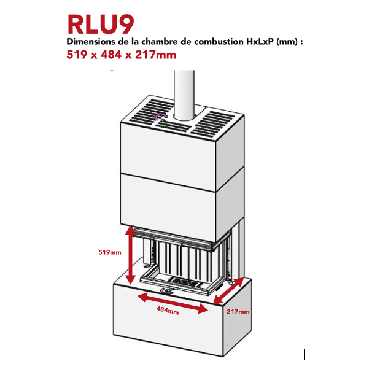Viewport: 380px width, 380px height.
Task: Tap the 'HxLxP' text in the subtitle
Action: click(260, 42)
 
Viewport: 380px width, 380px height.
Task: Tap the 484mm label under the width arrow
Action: click(167, 312)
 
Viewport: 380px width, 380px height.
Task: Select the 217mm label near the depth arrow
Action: click(238, 312)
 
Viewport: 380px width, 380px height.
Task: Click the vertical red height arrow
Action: click(130, 255)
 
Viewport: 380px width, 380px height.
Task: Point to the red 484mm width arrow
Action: click(173, 303)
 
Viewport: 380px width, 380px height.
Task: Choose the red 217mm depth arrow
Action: click(230, 290)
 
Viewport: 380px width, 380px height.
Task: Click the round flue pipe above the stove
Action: click(184, 92)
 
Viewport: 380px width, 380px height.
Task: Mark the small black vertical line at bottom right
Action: click(304, 354)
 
